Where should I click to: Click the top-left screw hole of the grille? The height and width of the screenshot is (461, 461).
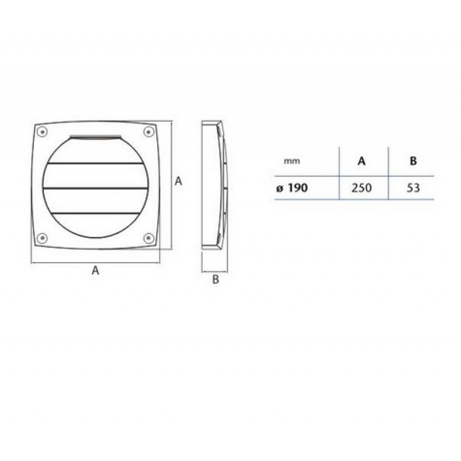click(42, 131)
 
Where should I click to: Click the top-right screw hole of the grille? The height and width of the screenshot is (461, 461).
click(149, 131)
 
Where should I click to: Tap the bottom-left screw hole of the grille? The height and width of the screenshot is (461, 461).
click(42, 238)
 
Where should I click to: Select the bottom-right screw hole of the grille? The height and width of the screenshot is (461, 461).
click(149, 238)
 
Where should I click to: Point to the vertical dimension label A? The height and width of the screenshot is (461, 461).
click(178, 181)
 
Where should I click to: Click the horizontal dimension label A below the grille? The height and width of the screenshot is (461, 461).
click(95, 270)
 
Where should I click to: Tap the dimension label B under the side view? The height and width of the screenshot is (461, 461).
click(216, 279)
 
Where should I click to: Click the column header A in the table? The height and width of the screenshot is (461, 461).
click(362, 161)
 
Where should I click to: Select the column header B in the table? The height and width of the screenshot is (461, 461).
click(413, 161)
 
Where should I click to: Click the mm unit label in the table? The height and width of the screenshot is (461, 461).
click(292, 161)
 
